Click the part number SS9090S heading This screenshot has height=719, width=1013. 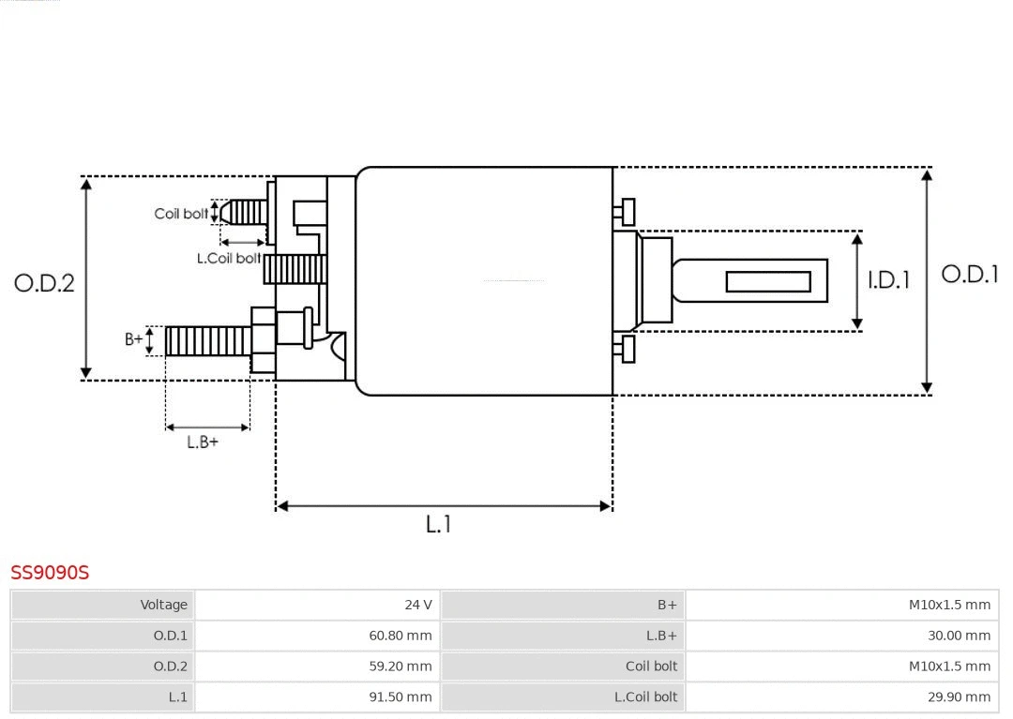pyautogui.click(x=50, y=572)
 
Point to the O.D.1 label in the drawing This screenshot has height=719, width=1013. pyautogui.click(x=969, y=275)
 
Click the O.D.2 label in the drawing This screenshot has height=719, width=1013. pyautogui.click(x=44, y=283)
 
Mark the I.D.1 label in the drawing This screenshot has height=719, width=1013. pyautogui.click(x=888, y=280)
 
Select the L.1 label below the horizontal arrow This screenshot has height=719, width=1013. pyautogui.click(x=438, y=524)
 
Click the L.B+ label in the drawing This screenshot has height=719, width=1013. pyautogui.click(x=202, y=442)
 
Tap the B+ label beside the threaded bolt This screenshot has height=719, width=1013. pyautogui.click(x=134, y=339)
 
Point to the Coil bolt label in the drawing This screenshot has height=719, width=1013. pyautogui.click(x=181, y=214)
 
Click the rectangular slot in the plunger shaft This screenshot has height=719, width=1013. pyautogui.click(x=768, y=281)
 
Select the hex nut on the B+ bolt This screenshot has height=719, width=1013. pyautogui.click(x=264, y=339)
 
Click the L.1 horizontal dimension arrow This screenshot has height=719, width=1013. pyautogui.click(x=444, y=506)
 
